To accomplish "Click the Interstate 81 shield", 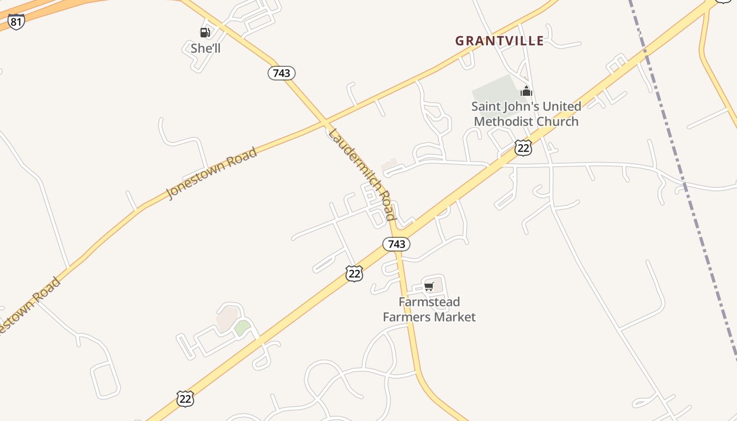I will click(x=16, y=22).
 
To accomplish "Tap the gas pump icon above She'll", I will click(x=205, y=33).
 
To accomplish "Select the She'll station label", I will click(x=205, y=48).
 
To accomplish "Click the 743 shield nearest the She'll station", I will click(x=282, y=73).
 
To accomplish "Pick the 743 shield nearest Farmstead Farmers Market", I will click(x=396, y=244).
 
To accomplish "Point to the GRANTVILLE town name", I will click(x=499, y=41).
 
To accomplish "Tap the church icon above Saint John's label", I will click(x=526, y=91).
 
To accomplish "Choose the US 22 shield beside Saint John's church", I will click(x=523, y=148).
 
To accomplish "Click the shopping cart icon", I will click(x=429, y=286).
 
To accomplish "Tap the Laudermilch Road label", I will click(x=361, y=174).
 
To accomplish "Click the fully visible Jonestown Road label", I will click(x=212, y=173).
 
